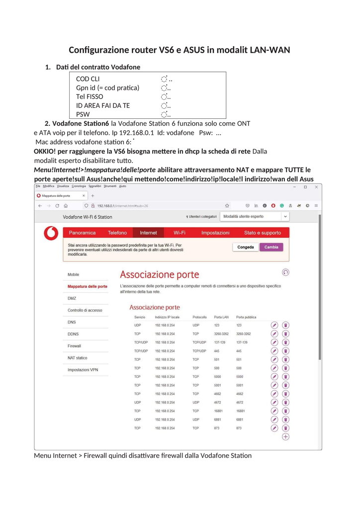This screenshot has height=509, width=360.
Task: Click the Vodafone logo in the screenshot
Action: (51, 233)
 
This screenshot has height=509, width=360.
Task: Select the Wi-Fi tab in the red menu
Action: (180, 233)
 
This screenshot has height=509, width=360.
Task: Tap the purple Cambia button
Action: (271, 247)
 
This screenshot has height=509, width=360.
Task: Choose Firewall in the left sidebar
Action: (74, 346)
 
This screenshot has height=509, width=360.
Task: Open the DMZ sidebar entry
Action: (72, 298)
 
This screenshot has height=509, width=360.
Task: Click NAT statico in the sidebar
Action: (78, 358)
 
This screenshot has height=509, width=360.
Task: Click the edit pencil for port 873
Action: (274, 428)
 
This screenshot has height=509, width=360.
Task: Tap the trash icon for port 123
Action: (285, 325)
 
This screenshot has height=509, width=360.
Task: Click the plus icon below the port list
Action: (285, 436)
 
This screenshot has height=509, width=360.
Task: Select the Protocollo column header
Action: (199, 317)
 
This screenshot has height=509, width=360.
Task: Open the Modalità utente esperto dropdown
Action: (255, 217)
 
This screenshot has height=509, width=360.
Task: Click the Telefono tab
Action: (117, 233)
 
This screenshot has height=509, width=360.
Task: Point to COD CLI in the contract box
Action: (88, 79)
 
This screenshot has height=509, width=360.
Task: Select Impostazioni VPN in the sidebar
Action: (83, 370)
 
